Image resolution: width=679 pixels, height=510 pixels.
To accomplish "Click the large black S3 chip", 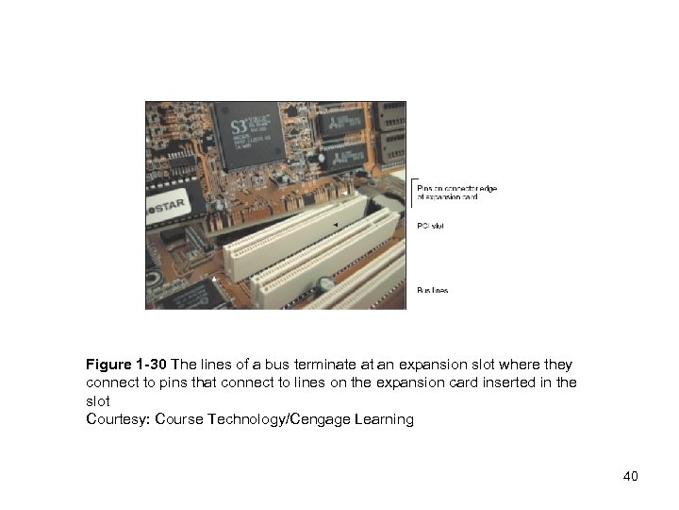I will coord(247,134).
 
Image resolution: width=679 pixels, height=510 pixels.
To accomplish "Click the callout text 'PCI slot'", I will coord(430,227).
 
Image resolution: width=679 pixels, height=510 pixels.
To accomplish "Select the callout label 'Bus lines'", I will coord(433,290).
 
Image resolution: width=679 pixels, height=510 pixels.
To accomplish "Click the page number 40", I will coord(630,476).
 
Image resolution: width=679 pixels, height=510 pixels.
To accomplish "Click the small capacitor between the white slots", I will coord(323,282).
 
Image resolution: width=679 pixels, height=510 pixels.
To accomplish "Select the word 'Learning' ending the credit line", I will coord(383,419).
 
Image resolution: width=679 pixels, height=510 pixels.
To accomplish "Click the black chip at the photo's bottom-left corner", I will coord(192,296).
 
